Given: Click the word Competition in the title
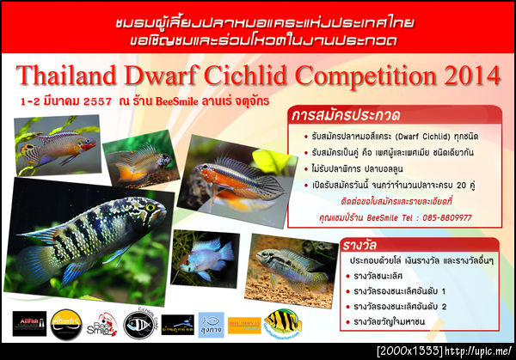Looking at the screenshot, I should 361,76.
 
